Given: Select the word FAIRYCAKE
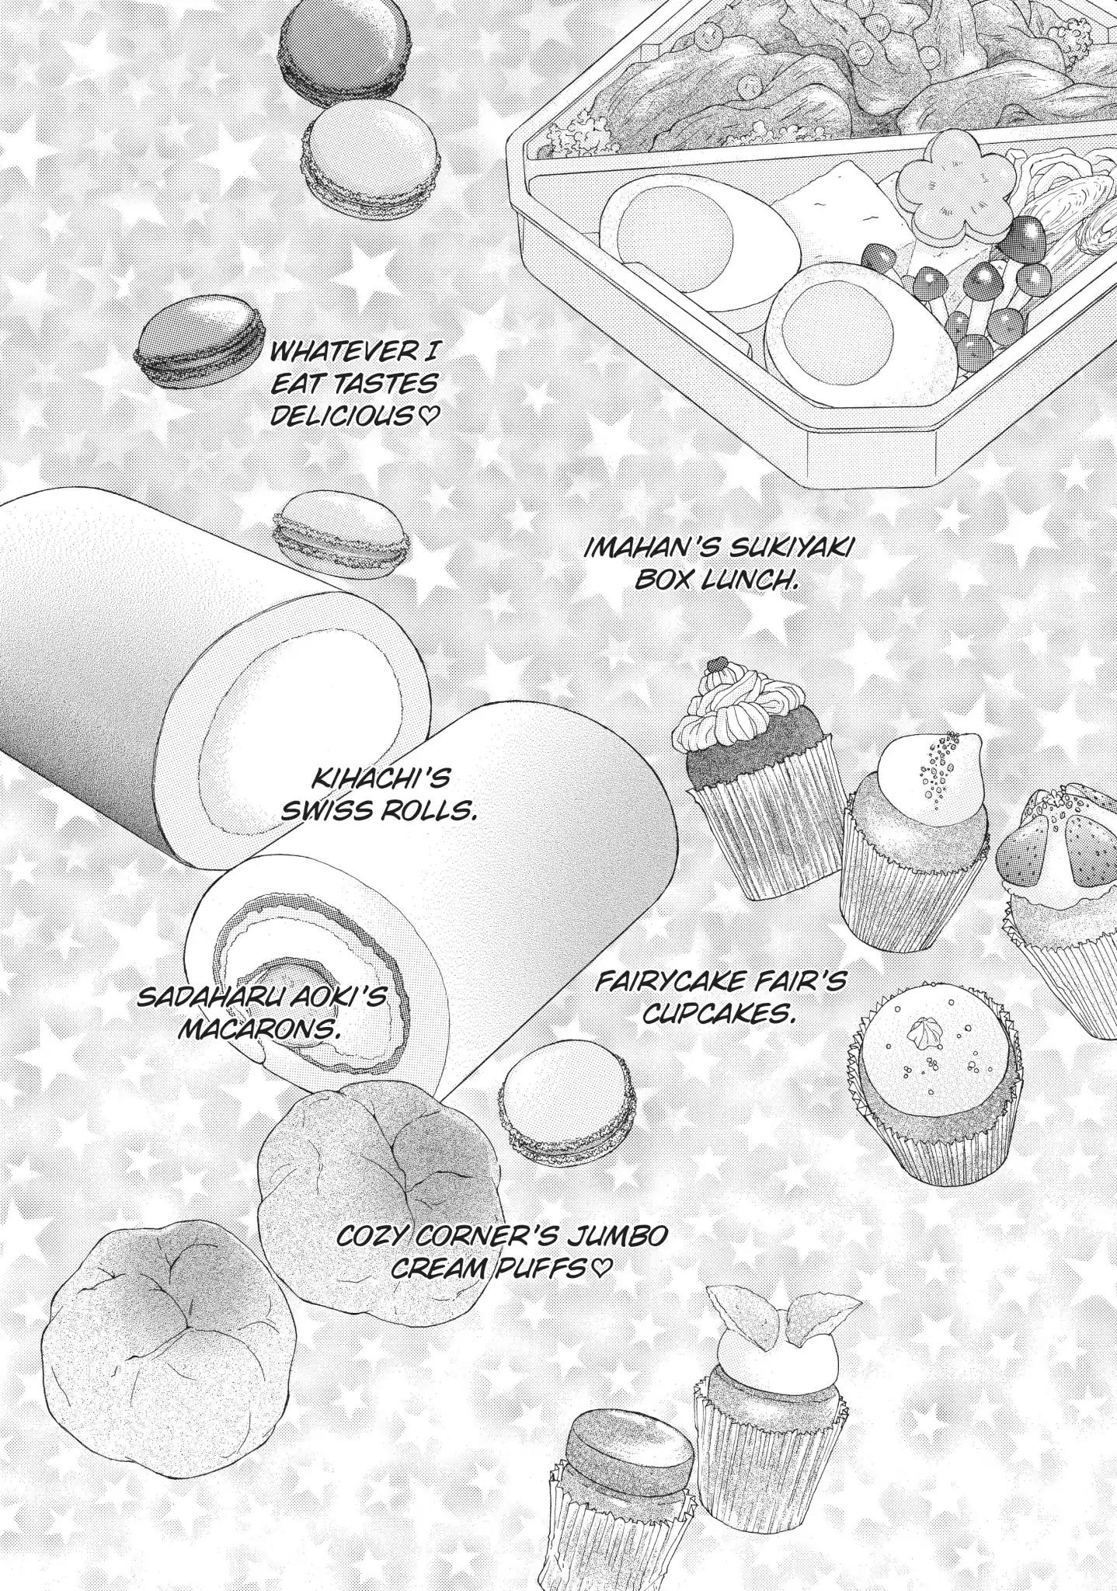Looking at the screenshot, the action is [672, 982].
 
